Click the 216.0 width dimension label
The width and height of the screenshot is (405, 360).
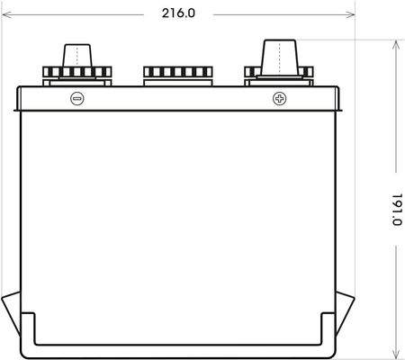click(x=178, y=13)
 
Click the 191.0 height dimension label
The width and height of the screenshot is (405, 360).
click(x=398, y=210)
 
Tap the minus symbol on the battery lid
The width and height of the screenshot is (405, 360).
click(x=77, y=98)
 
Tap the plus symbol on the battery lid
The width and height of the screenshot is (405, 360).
click(x=279, y=98)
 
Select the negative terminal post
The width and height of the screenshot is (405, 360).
click(x=76, y=56)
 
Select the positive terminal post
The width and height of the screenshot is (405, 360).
click(x=280, y=58)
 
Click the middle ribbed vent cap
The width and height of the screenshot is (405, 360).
click(x=178, y=72)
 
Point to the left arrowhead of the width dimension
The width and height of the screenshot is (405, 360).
click(x=6, y=14)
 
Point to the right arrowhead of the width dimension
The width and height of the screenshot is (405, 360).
click(x=350, y=14)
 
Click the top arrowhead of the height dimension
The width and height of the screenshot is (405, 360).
click(x=396, y=44)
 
